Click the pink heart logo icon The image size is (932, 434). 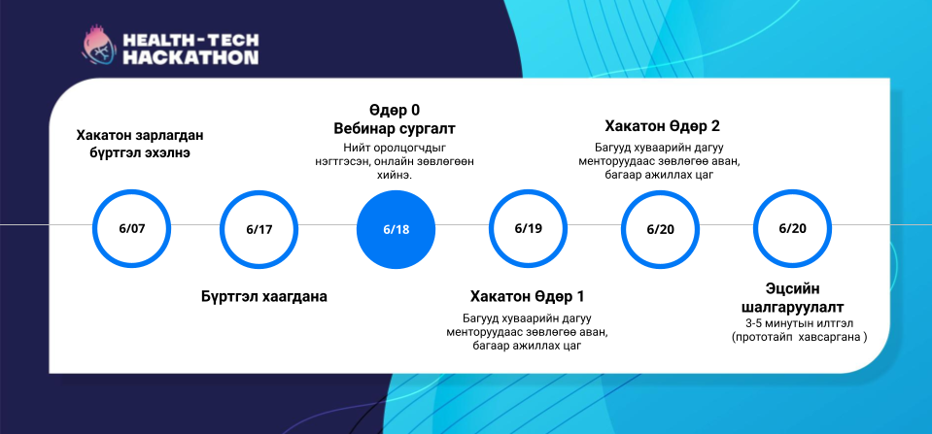(99, 47)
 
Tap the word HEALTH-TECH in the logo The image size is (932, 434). (190, 41)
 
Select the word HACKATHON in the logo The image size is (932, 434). (190, 57)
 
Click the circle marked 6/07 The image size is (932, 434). (132, 228)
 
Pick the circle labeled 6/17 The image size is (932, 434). (259, 229)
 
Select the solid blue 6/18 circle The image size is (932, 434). (396, 229)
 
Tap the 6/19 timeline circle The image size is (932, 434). (529, 228)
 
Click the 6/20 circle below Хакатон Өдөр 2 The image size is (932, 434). (660, 229)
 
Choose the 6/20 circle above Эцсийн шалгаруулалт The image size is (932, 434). (793, 228)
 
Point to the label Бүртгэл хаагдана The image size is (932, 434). (264, 296)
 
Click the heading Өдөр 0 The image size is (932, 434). (395, 111)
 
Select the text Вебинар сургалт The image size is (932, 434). (395, 129)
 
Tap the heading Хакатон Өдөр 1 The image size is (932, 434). (527, 296)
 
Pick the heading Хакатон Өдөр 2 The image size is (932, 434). (662, 126)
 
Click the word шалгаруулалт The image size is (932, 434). (793, 308)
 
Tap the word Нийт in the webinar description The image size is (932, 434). (355, 148)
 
